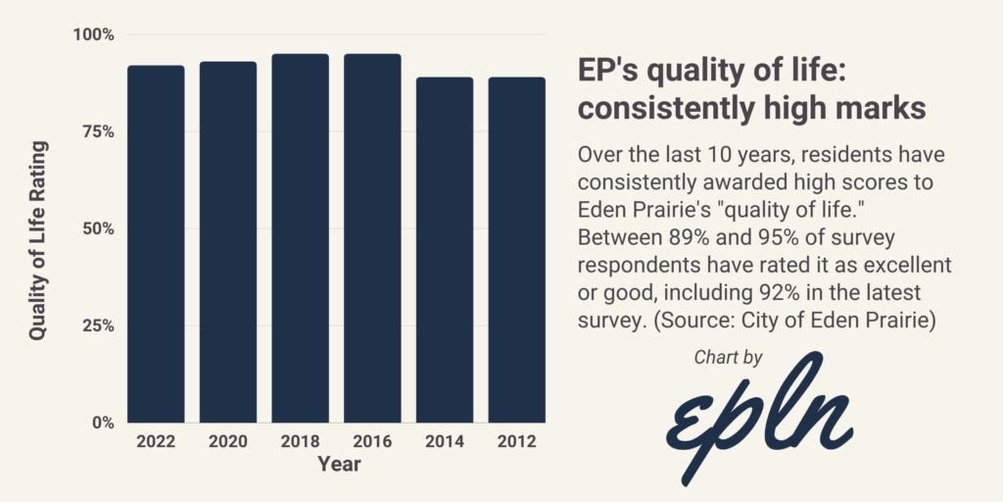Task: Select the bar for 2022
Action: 156,244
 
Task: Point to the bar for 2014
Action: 445,250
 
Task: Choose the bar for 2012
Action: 516,250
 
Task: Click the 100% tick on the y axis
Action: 94,35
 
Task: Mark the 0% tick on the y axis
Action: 103,424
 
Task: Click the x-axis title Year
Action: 339,465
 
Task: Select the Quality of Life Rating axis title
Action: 38,240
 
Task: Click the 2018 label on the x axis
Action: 300,442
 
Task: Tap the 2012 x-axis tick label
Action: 516,442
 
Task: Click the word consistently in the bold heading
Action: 663,108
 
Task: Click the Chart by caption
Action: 728,358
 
